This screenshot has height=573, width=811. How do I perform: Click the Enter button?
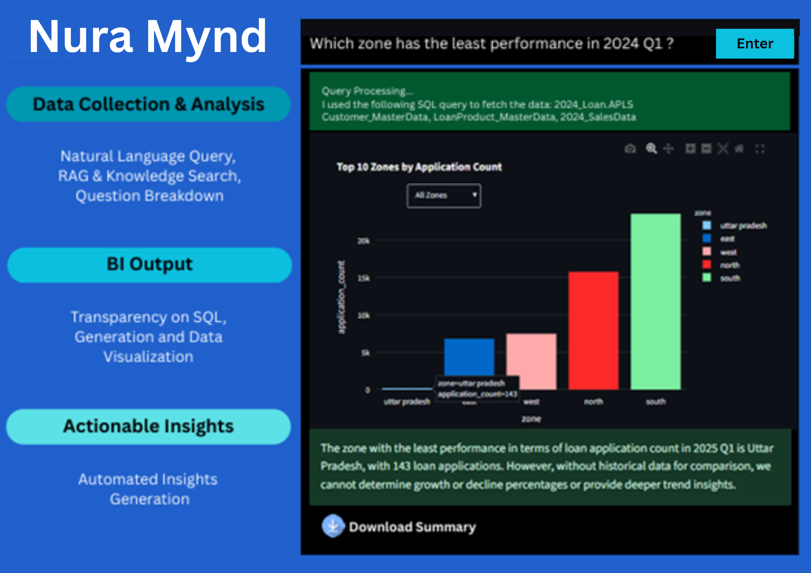pos(755,44)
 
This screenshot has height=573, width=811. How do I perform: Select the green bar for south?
pos(656,301)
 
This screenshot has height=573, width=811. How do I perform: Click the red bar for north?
pos(593,330)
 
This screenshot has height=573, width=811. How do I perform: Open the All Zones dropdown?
pos(444,196)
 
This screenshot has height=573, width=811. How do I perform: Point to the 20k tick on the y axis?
pos(364,241)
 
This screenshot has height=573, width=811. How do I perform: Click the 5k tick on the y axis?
pos(365,353)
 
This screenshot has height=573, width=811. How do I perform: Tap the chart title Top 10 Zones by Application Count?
pos(419,167)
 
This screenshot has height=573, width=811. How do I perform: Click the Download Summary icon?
pos(333,526)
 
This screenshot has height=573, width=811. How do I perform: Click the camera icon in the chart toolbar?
pos(630,149)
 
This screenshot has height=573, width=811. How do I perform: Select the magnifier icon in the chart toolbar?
pos(651,149)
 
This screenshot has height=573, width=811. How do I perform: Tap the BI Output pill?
pos(150,265)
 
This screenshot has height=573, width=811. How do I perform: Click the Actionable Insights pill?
pos(148,426)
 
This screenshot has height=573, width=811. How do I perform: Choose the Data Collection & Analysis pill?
pos(148,104)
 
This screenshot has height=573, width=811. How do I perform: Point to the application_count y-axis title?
pos(341,297)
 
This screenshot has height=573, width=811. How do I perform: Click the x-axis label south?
pos(656,401)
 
